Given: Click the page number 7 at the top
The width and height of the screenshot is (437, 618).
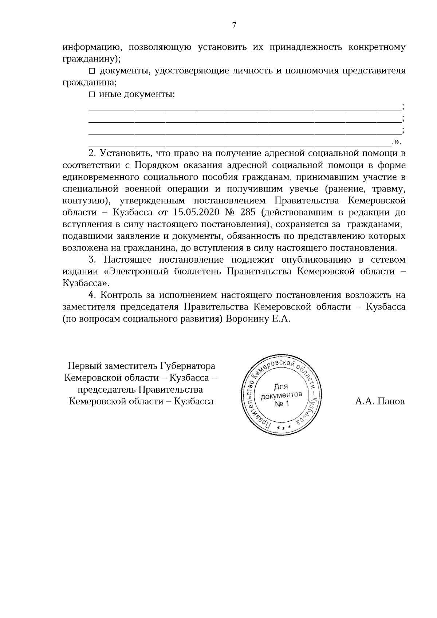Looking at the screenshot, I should pyautogui.click(x=234, y=25).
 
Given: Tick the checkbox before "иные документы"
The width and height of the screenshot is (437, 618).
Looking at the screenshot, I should pyautogui.click(x=92, y=95).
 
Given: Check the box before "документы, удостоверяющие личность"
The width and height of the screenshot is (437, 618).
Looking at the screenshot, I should pyautogui.click(x=92, y=71).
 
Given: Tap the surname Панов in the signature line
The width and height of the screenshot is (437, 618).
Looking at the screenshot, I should pyautogui.click(x=390, y=401).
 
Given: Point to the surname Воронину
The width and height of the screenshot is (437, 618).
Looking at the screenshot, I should pyautogui.click(x=247, y=318).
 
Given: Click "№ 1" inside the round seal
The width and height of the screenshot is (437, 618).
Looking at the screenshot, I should pyautogui.click(x=282, y=404).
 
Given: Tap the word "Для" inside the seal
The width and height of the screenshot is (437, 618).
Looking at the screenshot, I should pyautogui.click(x=281, y=386).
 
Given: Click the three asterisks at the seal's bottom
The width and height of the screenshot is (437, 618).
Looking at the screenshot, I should pyautogui.click(x=284, y=426).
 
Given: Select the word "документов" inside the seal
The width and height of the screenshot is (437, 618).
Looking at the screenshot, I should pyautogui.click(x=282, y=395).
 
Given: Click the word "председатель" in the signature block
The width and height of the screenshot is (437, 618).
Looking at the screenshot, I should pyautogui.click(x=107, y=389).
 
